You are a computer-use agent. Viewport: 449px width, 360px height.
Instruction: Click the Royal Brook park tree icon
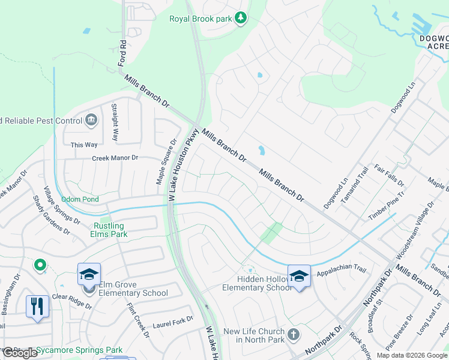point(241,18)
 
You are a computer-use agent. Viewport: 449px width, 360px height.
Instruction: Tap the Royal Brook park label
point(200,19)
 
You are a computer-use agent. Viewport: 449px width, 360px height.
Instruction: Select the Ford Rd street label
point(123,52)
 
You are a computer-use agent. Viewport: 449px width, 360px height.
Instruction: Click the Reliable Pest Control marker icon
point(91,120)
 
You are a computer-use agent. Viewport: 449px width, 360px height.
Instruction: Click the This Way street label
point(84,145)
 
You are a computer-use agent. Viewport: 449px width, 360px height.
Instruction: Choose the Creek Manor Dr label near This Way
point(115,158)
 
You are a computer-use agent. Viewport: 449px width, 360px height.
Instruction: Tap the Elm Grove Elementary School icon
point(89,275)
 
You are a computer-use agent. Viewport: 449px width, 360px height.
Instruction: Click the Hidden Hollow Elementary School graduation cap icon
point(299,277)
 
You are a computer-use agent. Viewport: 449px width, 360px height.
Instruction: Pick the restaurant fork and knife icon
point(37,307)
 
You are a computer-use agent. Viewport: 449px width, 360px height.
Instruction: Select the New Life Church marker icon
point(293,334)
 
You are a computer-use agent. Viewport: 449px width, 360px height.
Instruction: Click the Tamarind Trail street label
point(355,184)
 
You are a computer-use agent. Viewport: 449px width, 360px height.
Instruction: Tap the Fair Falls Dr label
point(388,176)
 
